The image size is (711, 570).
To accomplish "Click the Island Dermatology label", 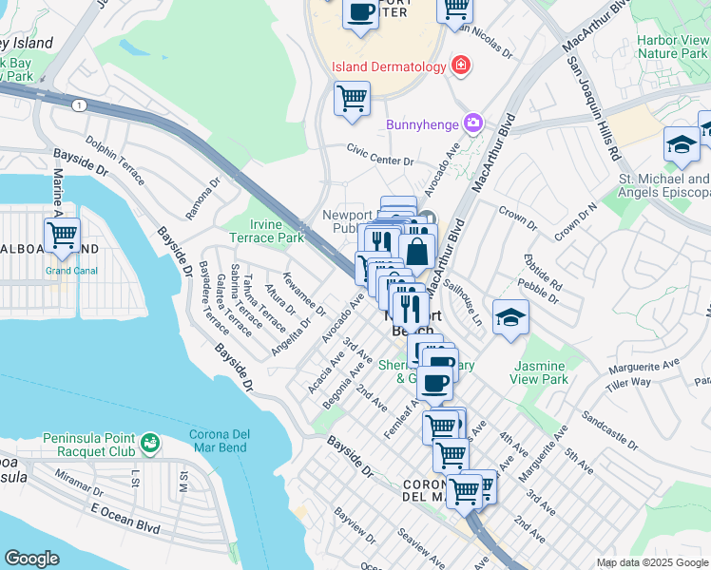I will [388, 66].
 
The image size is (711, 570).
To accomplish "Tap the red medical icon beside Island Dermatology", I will [461, 66].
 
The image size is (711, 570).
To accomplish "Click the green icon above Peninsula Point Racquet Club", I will [149, 443].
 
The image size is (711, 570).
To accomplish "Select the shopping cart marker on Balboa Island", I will [63, 234].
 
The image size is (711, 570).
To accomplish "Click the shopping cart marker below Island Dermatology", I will [352, 98].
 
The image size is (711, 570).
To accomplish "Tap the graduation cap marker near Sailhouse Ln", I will [510, 317].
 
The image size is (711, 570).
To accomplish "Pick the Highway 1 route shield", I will [79, 104].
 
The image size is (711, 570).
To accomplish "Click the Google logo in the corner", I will [31, 559].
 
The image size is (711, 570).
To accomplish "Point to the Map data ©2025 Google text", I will [652, 562].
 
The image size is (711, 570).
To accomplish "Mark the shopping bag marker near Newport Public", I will [416, 252].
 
